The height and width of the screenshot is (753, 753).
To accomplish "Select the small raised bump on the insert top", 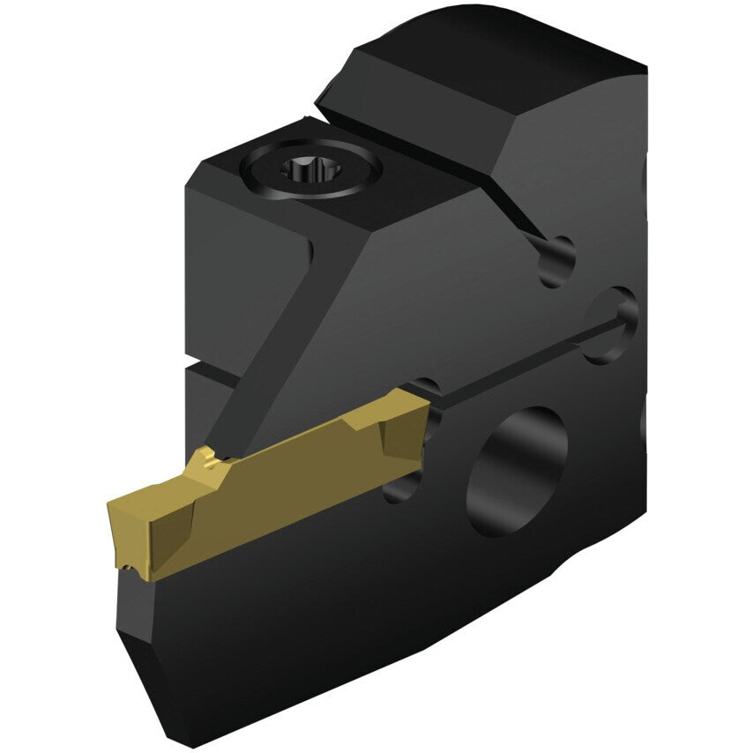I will pos(207,458).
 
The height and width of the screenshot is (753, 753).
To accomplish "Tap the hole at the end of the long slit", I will pos(612,325).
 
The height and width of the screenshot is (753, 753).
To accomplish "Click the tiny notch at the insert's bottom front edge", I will pos(131,568).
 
